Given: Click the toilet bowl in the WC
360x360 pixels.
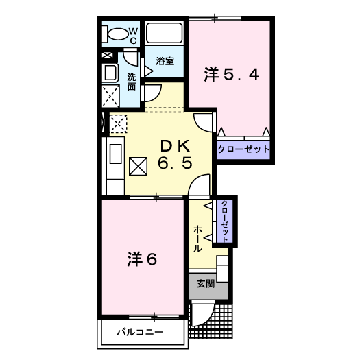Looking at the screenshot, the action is tap(118, 34).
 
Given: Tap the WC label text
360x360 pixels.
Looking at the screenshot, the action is tap(134, 36).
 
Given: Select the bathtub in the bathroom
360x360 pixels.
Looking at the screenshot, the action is tap(164, 33).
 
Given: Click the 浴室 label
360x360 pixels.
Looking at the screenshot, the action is tap(165, 61).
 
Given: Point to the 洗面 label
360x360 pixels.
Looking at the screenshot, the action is tap(132, 82).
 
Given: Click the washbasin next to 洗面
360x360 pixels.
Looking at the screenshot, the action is tap(110, 73).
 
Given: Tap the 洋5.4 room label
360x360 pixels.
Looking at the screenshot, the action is tap(232, 74).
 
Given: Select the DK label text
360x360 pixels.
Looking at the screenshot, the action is tap(175, 146).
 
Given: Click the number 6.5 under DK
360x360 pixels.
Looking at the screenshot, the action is tap(175, 163).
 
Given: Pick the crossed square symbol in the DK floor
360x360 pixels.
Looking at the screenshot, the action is tap(138, 166).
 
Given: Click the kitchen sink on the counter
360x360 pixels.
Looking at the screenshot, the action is tap(115, 154).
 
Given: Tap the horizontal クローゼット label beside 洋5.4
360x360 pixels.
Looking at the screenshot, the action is tap(243, 149).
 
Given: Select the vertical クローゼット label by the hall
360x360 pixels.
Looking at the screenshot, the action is tap(225, 221).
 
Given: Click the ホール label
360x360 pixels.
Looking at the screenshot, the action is tap(197, 239).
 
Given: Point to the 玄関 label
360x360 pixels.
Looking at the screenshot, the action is tap(206, 284).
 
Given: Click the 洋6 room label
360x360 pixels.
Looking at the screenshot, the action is tap(142, 259).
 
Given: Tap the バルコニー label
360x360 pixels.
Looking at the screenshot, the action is tap(141, 332).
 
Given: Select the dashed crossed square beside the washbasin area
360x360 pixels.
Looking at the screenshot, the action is tap(110, 96).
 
